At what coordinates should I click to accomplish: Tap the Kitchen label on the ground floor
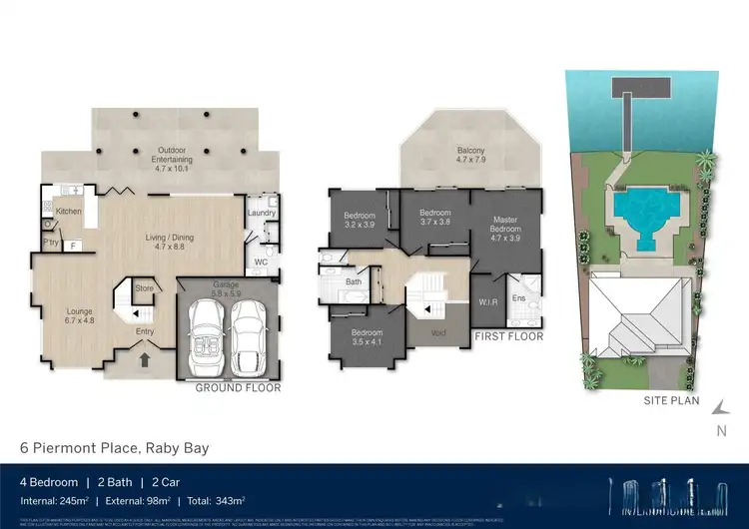click(x=68, y=212)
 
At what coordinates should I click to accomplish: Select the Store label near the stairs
click(x=145, y=290)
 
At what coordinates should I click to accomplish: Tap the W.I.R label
click(x=488, y=301)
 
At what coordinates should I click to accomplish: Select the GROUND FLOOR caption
click(x=238, y=387)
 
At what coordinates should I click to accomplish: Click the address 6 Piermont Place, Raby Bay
click(x=115, y=448)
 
